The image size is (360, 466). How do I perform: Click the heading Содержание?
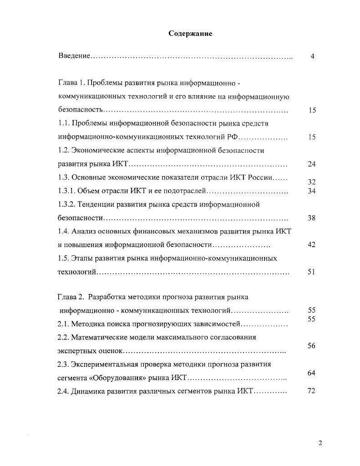click(190, 34)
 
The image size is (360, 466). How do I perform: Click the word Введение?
click(74, 56)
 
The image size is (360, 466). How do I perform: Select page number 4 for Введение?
click(313, 56)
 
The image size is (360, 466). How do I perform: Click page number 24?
click(312, 164)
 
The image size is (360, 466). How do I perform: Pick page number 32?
click(312, 182)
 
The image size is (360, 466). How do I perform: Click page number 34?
click(312, 191)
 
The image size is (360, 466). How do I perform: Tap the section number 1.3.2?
click(66, 204)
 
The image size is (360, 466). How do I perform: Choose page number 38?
click(312, 218)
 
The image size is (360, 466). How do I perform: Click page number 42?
click(312, 245)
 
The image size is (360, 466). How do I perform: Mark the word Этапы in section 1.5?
click(82, 258)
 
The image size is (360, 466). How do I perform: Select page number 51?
click(312, 272)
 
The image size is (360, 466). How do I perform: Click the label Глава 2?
click(71, 298)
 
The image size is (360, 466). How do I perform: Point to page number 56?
click(312, 346)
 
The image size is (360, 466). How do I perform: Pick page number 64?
click(312, 373)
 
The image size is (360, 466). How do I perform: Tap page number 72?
click(312, 391)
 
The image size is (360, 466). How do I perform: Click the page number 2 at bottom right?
click(320, 444)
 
